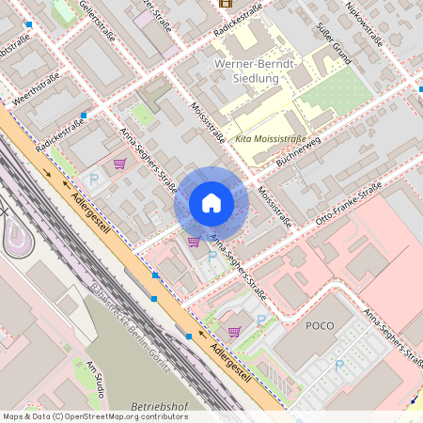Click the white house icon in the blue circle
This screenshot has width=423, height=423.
(211, 203)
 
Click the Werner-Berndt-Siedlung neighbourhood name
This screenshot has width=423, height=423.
(256, 71)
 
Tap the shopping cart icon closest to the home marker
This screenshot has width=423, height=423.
(194, 242)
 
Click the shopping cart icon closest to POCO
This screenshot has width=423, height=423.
(234, 331)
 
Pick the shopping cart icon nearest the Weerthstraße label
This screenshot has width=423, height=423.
(119, 164)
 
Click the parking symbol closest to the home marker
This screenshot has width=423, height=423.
(211, 255)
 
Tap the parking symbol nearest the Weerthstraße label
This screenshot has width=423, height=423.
(93, 178)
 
